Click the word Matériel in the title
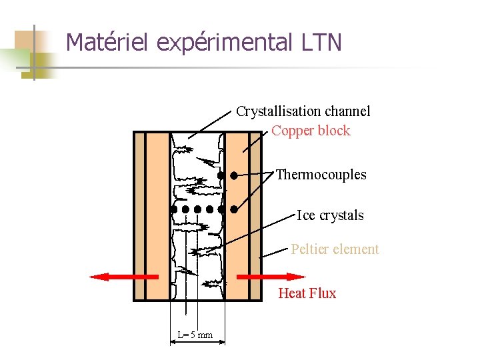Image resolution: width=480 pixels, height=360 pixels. [109, 43]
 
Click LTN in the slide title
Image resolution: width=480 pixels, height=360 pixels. [321, 43]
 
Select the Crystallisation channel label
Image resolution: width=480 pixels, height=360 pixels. [303, 111]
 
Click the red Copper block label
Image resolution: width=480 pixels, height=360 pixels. [311, 131]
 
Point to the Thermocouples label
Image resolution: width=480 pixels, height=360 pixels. [321, 175]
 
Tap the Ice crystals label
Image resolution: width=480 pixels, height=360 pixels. [331, 215]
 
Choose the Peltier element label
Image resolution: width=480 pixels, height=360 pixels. [335, 249]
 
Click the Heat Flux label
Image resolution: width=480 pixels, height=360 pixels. [307, 293]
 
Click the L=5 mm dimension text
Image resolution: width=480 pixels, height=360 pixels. [195, 335]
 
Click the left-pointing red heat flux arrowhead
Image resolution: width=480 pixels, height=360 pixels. [99, 276]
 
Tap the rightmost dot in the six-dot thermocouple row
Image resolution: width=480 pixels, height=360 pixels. [234, 209]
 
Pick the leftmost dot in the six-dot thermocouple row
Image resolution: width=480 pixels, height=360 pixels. [173, 209]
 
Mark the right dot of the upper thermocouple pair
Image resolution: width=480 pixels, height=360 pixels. [234, 176]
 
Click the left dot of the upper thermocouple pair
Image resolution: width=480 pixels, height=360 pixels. [221, 176]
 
